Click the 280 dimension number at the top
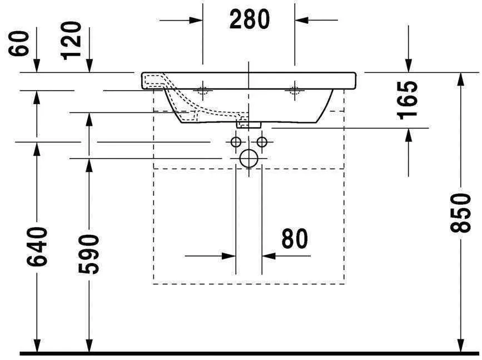pos(249,20)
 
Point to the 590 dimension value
pos(88,254)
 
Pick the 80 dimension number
pos(294,239)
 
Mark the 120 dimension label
pos(72,40)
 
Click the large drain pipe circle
pos(249,159)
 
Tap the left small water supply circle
pos(236,142)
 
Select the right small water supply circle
pos(261,142)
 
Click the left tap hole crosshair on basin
pos(202,90)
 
